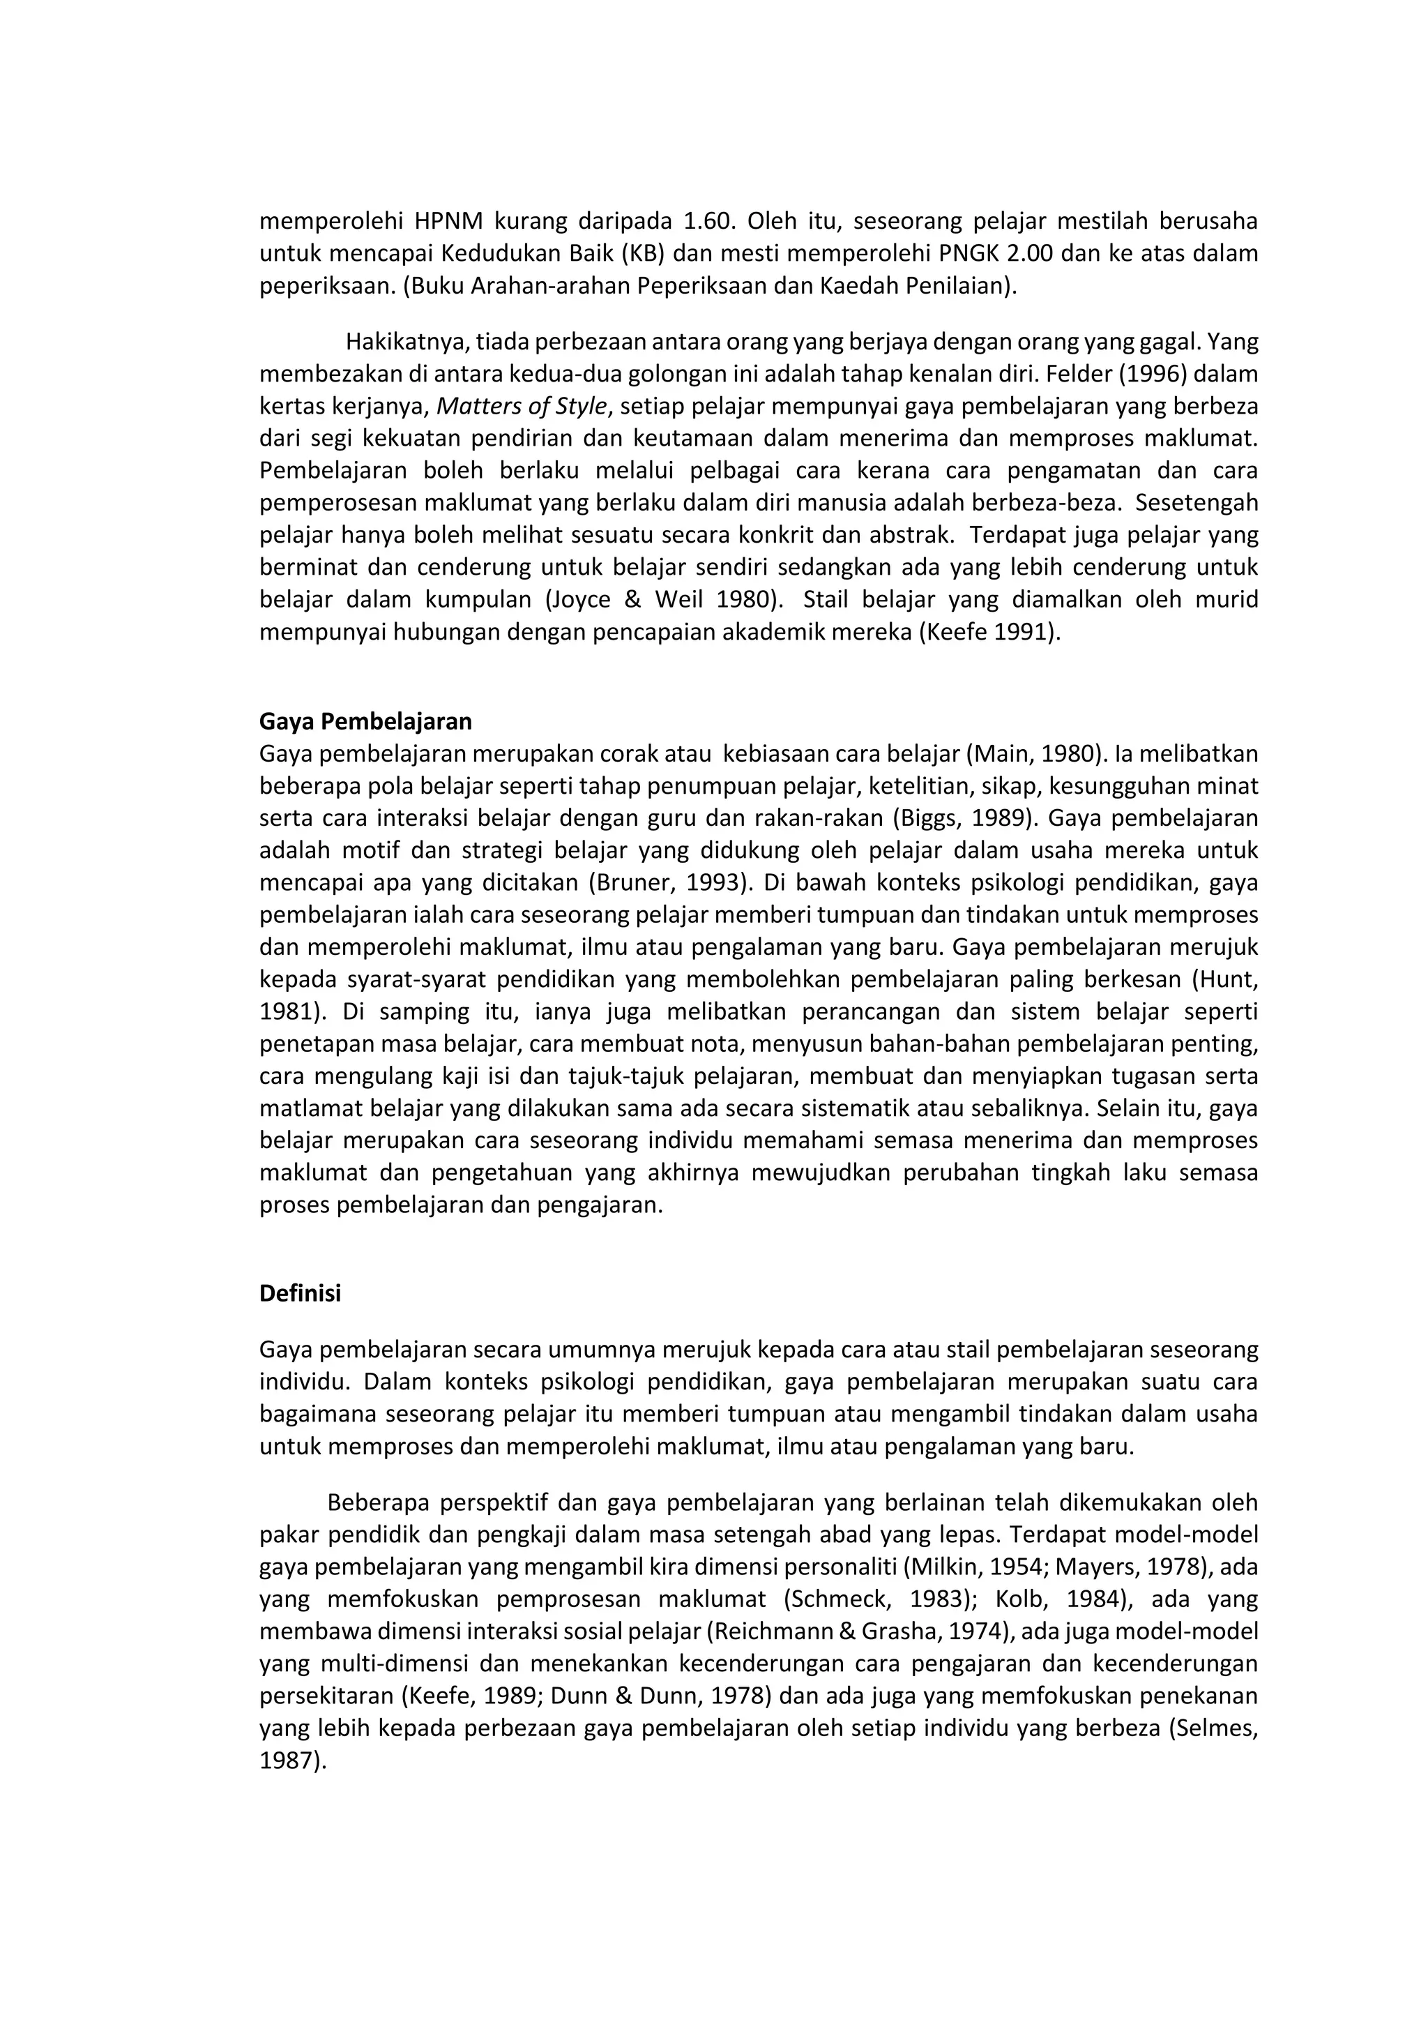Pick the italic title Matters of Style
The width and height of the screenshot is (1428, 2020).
point(522,405)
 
